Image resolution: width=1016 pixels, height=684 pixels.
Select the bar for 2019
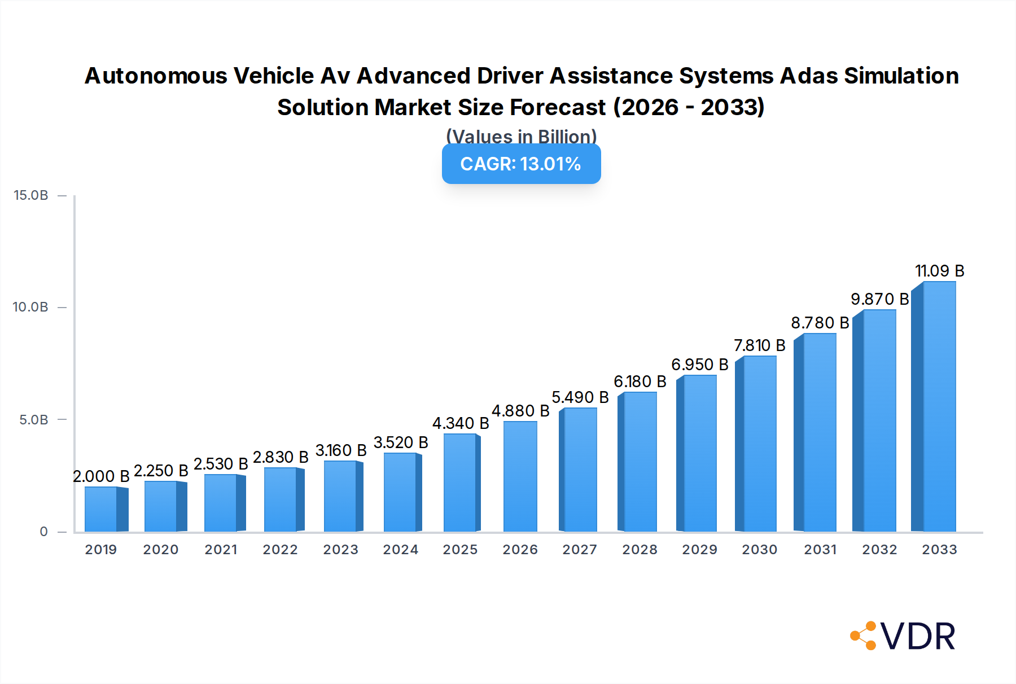tap(101, 509)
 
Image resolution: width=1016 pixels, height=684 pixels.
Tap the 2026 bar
tap(520, 476)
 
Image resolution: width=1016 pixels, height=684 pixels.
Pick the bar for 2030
tap(760, 444)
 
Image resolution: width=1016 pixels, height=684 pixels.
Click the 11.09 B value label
tap(939, 271)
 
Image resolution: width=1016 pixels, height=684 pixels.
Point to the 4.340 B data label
tap(461, 423)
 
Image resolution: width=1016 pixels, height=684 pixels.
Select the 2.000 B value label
tap(101, 476)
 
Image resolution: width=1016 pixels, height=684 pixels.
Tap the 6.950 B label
tap(699, 365)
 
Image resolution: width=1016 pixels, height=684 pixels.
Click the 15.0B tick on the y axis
tap(31, 195)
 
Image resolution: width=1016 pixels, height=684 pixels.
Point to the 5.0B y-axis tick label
tap(34, 420)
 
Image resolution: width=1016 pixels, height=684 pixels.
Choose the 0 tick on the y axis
tap(43, 532)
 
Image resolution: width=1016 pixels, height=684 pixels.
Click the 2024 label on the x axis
tap(400, 550)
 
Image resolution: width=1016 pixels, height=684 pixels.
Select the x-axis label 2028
tap(640, 550)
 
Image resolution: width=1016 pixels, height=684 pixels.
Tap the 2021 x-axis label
tap(221, 550)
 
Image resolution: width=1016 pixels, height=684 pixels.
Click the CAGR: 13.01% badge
tap(521, 164)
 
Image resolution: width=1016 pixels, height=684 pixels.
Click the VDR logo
tap(903, 636)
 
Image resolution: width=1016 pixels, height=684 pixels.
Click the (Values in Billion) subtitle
tap(521, 137)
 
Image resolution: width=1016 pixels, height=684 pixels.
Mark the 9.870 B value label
tap(879, 299)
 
